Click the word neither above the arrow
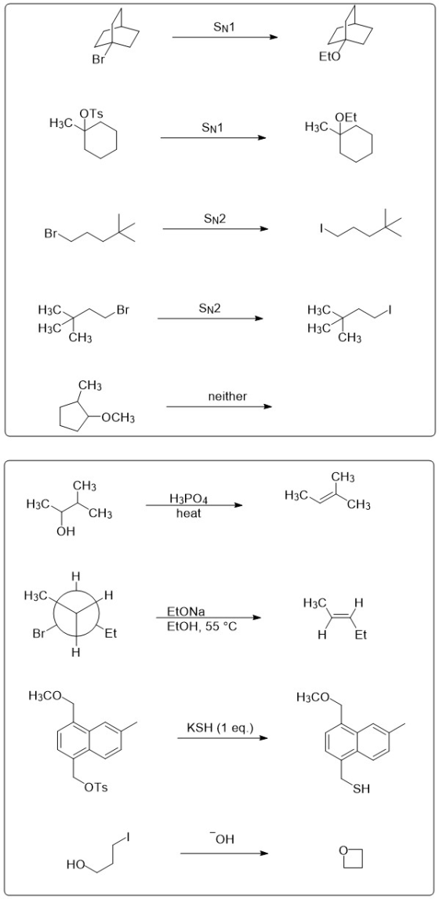(227, 396)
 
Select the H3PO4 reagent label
(189, 499)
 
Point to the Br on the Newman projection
(39, 634)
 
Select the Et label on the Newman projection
(111, 634)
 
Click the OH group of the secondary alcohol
(66, 532)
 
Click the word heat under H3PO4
(189, 514)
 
